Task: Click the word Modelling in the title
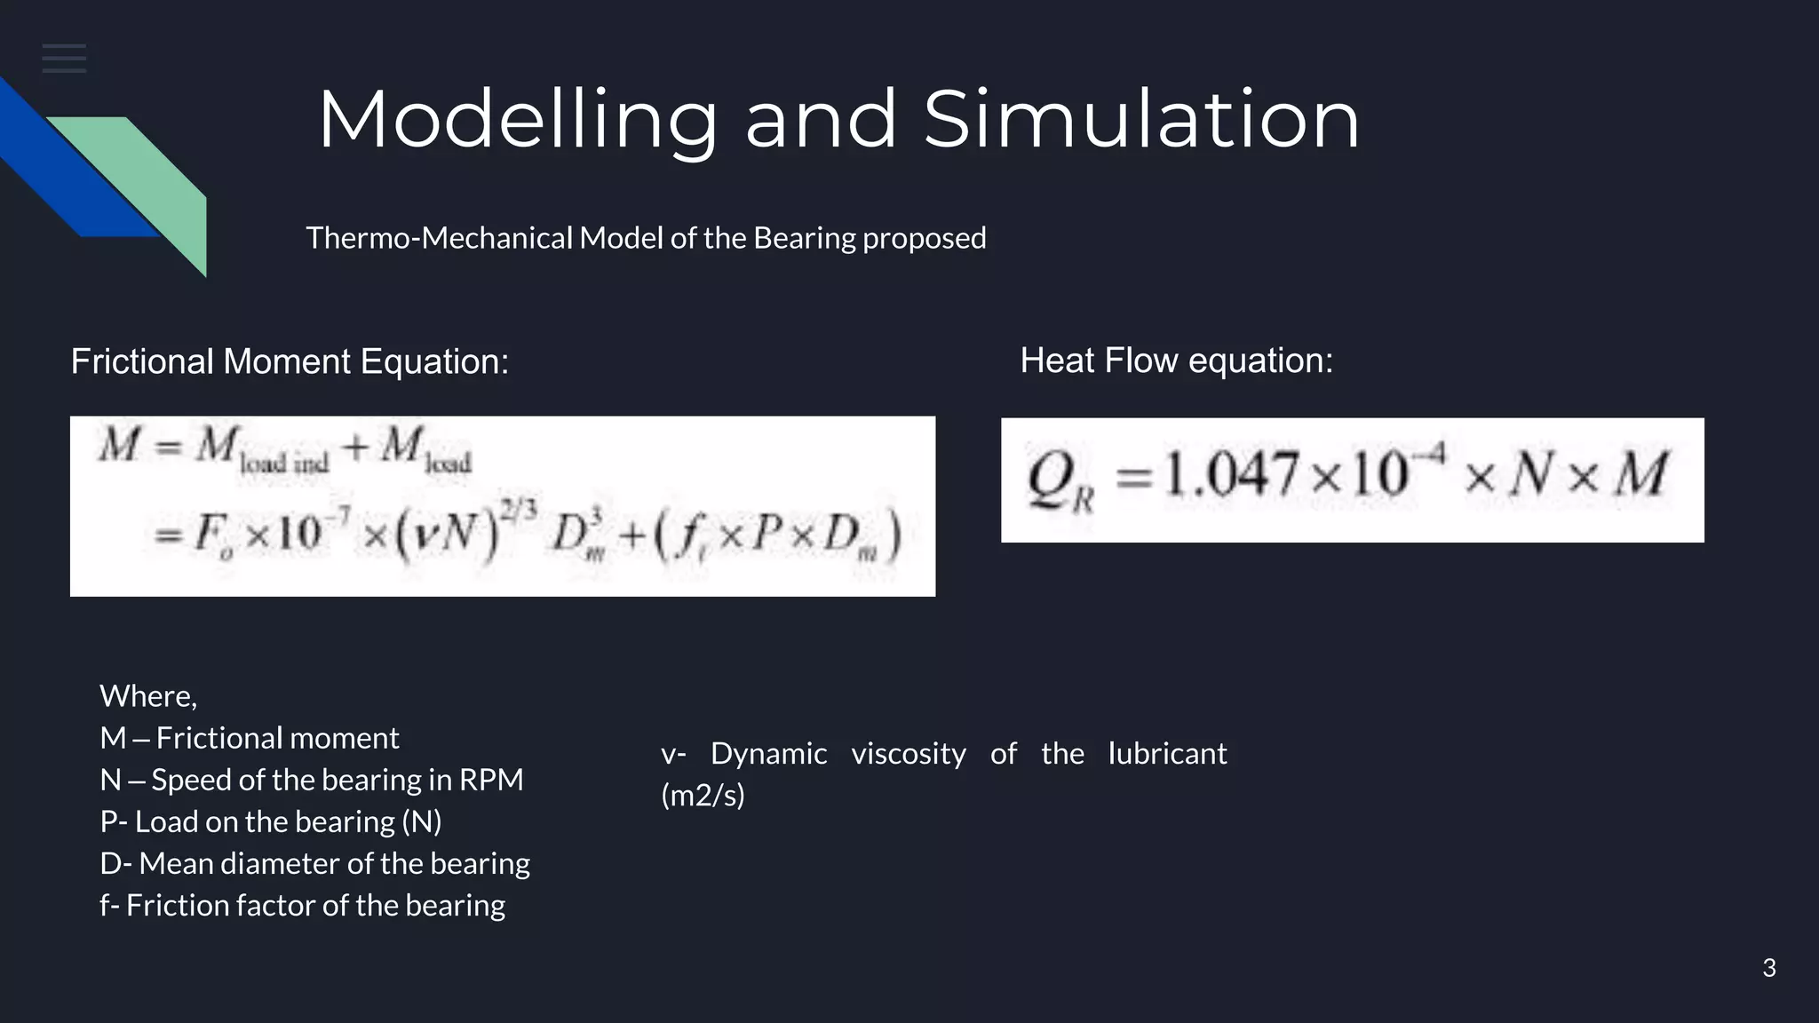[517, 120]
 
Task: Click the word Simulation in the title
[1141, 120]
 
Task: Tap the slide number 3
[1768, 968]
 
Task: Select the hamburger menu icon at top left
[64, 59]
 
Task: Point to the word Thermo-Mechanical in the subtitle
[439, 238]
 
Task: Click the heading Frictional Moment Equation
[290, 361]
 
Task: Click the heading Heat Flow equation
[1176, 361]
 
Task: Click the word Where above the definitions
[147, 696]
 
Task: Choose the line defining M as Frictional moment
[249, 738]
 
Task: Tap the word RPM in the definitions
[490, 780]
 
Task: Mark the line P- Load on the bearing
[270, 821]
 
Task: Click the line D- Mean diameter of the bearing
[314, 863]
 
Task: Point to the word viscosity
[908, 754]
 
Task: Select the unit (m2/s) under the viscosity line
[703, 795]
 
